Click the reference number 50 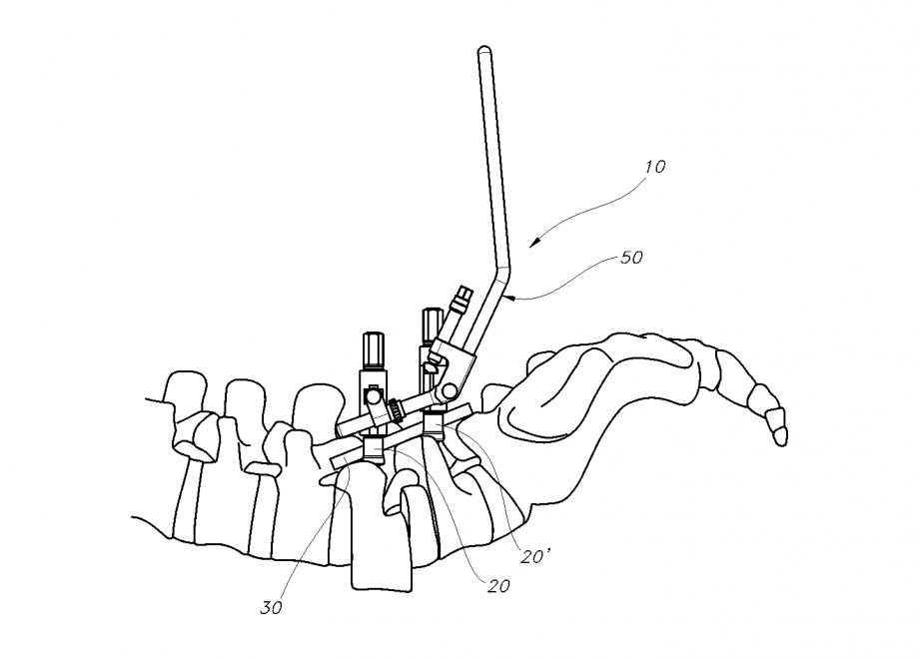[x=631, y=257]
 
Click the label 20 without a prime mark [x=498, y=585]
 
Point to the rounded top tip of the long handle [x=483, y=50]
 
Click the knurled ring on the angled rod [x=399, y=408]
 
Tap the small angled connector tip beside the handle [x=461, y=297]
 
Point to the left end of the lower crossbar [x=333, y=461]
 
